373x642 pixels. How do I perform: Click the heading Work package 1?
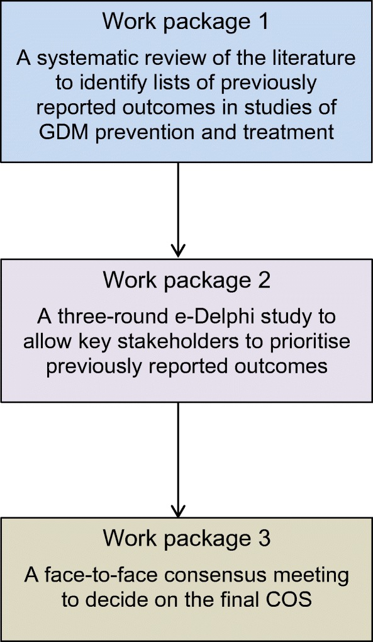tap(186, 22)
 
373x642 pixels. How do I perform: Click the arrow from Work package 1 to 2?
tap(178, 210)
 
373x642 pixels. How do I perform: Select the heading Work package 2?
tap(186, 281)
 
